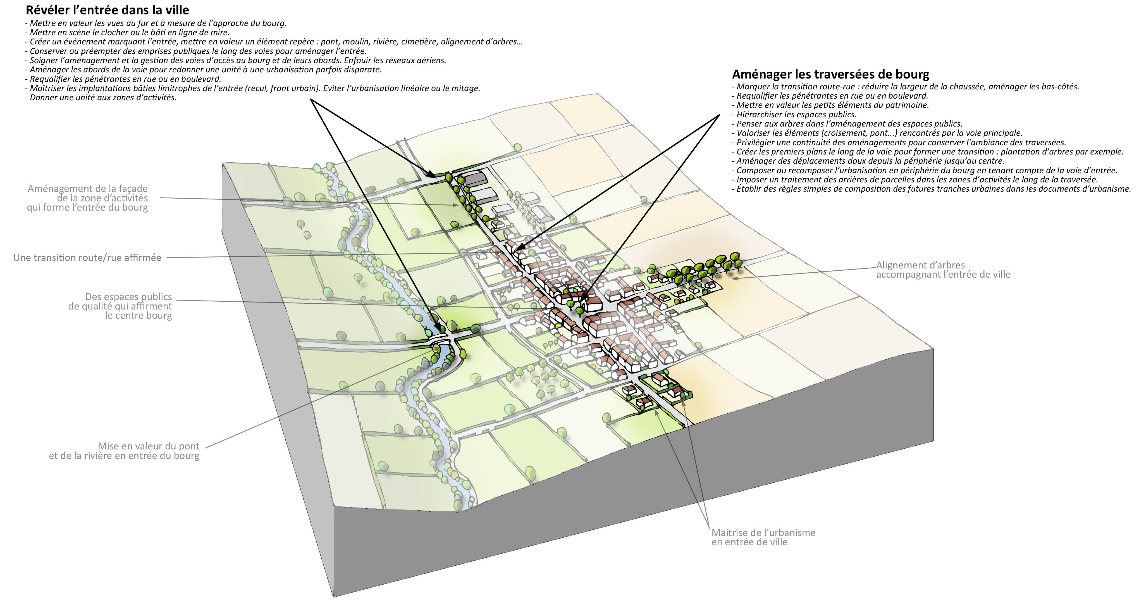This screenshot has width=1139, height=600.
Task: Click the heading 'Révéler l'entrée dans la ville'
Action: (x=108, y=10)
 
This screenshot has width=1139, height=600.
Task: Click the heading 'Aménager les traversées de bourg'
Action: (x=831, y=74)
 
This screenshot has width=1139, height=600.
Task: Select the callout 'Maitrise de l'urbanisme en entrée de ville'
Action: (x=763, y=537)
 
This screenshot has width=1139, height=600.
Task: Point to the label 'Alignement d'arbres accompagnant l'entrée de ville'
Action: (x=943, y=270)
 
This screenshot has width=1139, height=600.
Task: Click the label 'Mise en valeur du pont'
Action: (x=149, y=446)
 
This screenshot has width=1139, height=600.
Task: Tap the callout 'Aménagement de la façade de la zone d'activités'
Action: (x=88, y=198)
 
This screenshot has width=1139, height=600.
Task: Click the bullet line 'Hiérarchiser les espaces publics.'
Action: (x=794, y=115)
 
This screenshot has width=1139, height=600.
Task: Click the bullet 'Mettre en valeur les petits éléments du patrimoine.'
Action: (x=831, y=105)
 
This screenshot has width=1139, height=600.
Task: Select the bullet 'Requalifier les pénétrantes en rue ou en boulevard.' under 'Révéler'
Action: (x=123, y=79)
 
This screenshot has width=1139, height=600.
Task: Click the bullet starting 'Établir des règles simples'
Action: (x=932, y=189)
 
